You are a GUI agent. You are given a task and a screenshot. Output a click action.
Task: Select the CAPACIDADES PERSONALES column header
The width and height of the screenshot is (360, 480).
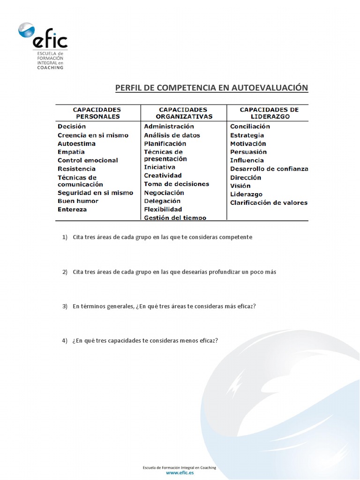point(97,113)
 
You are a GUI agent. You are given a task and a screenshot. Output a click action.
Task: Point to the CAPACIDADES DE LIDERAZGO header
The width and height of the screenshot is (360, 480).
point(269,113)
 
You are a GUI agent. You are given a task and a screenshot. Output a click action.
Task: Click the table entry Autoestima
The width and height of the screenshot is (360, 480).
point(76,143)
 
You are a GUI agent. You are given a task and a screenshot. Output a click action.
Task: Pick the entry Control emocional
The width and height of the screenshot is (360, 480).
point(88,160)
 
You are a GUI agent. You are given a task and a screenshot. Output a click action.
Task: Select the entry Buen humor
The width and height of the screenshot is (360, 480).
point(78,201)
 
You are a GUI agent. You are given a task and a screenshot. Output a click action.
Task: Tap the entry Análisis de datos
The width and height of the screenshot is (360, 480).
point(172,135)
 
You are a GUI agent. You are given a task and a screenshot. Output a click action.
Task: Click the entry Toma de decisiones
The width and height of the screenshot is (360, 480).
point(176,184)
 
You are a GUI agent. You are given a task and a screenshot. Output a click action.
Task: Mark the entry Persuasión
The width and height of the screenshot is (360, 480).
point(248,152)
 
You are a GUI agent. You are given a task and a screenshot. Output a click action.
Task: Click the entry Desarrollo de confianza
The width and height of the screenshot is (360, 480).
point(269,169)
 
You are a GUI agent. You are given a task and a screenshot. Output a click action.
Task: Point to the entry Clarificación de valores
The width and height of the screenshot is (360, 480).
point(269,203)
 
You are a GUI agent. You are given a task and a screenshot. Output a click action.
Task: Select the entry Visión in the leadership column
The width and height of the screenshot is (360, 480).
point(240,186)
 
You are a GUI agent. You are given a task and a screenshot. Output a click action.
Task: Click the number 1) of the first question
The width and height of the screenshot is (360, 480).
point(65,237)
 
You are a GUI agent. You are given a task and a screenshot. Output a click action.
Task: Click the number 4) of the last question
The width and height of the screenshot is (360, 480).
point(65,341)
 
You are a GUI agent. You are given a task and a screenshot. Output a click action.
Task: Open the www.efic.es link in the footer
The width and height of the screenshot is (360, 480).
point(180,473)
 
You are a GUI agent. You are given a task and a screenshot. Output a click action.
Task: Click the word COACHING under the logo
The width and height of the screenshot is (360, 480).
point(50,67)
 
